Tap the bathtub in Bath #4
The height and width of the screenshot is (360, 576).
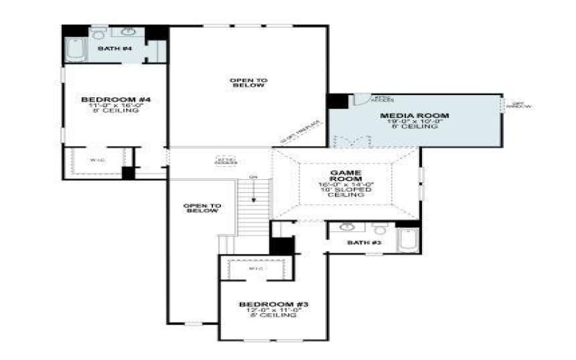[74, 50]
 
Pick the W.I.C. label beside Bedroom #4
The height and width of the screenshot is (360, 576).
[94, 160]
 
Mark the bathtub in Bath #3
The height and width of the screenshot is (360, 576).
[407, 239]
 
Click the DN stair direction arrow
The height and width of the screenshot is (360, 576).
[253, 191]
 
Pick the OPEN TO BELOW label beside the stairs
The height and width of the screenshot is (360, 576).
[202, 209]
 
